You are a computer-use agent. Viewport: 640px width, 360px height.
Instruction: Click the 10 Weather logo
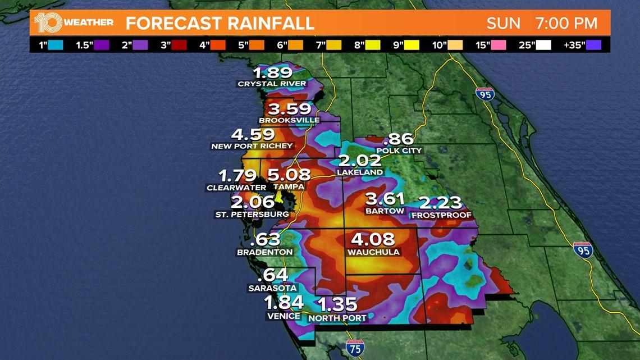(73, 23)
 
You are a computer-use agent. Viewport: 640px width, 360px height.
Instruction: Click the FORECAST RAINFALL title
(220, 24)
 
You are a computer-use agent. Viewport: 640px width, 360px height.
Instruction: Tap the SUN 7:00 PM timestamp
(541, 24)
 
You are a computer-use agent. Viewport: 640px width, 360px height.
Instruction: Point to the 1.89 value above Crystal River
(272, 72)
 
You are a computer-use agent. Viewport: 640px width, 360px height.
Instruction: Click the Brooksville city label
(289, 120)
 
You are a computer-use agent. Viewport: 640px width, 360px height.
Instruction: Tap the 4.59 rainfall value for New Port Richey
(253, 135)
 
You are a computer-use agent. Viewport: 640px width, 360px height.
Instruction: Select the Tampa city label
(289, 187)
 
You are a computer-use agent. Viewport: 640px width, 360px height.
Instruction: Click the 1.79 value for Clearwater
(239, 176)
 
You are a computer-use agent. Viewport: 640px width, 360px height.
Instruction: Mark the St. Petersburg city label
(252, 214)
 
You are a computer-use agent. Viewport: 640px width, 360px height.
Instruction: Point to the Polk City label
(399, 151)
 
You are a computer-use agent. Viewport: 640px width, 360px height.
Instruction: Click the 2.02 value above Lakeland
(360, 161)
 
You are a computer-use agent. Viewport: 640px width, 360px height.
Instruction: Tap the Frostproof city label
(441, 215)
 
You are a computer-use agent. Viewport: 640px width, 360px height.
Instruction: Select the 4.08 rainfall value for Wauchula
(373, 239)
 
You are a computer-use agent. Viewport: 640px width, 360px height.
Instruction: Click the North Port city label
(337, 318)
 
